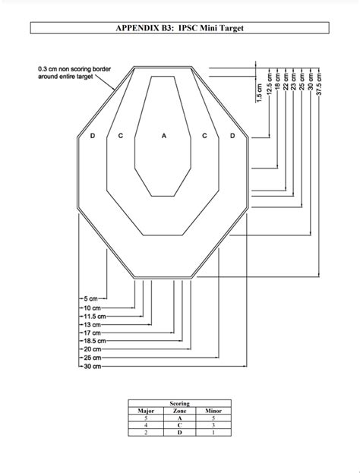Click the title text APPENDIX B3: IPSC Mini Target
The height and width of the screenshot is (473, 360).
tap(180, 29)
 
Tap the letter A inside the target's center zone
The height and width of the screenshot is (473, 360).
tap(163, 136)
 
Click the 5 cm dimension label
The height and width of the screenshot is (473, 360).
tap(90, 299)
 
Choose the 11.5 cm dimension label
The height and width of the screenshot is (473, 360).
tap(94, 316)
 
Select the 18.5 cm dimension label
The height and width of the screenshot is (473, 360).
tap(94, 341)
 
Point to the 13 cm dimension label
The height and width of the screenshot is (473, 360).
tap(92, 324)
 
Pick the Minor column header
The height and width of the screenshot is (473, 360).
tap(213, 411)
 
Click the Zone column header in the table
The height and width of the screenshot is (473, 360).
tap(180, 411)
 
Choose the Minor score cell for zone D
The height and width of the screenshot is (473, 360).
tap(213, 434)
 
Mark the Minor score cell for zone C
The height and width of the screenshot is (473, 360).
tap(213, 426)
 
